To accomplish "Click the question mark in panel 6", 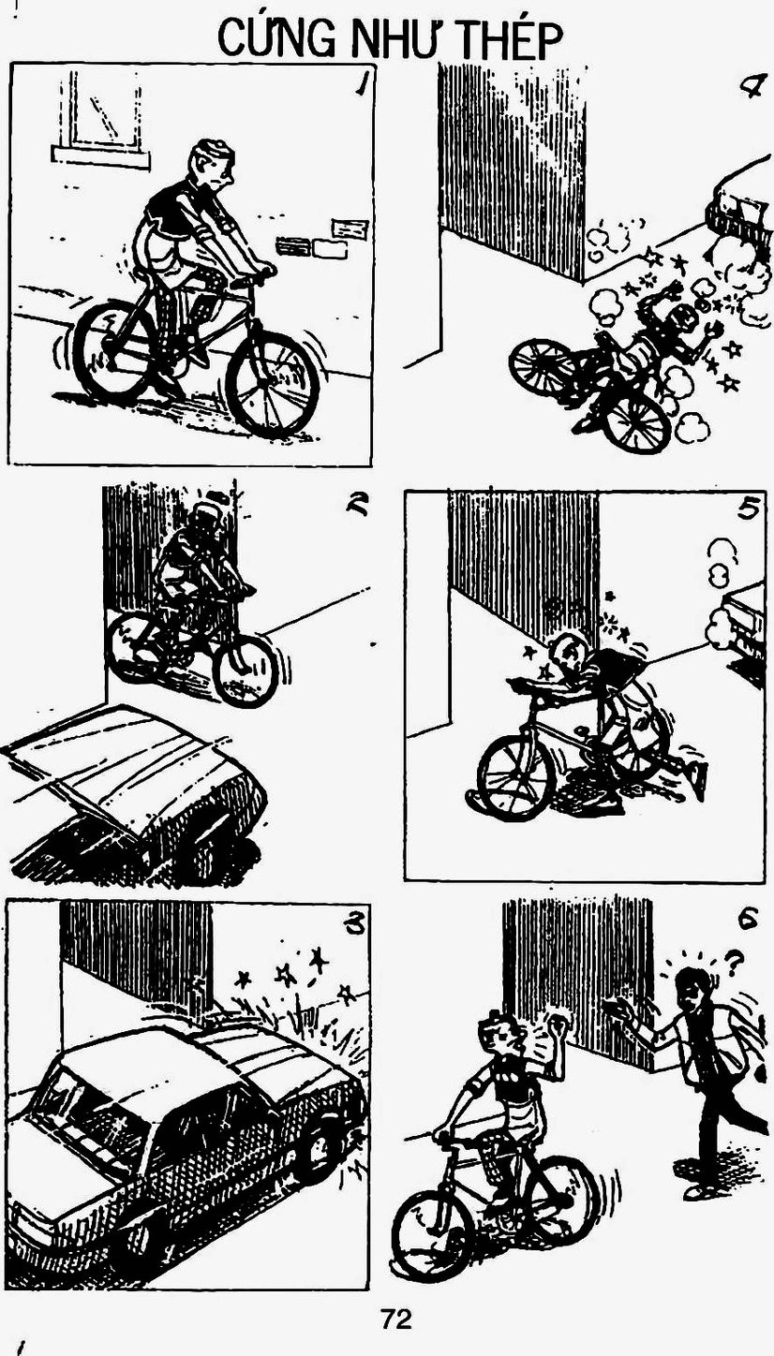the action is pyautogui.click(x=734, y=965).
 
